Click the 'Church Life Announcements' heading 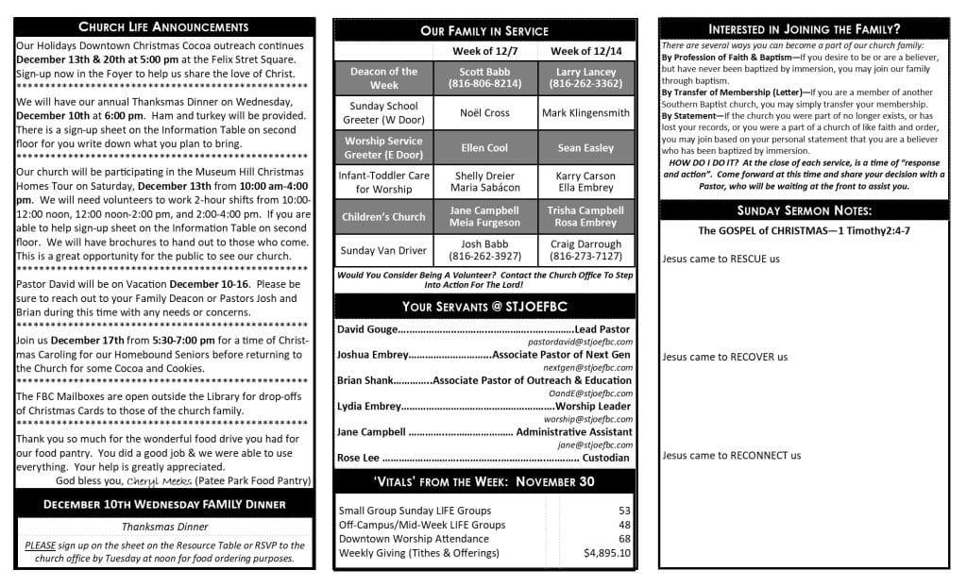coord(163,26)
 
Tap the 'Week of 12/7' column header coord(484,51)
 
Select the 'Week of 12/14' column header coord(585,51)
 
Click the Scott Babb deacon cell coord(484,77)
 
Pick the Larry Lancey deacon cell coord(585,77)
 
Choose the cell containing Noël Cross coord(484,113)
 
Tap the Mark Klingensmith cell coord(585,113)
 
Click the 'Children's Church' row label coord(383,217)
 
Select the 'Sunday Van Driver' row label coord(383,250)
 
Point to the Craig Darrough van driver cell coord(585,250)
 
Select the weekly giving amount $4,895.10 coord(607,552)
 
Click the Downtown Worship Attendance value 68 coord(624,539)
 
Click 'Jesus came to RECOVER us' coord(724,357)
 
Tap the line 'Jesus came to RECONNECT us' coord(731,455)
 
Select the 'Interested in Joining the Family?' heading coord(804,29)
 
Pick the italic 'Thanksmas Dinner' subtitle coord(165,527)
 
